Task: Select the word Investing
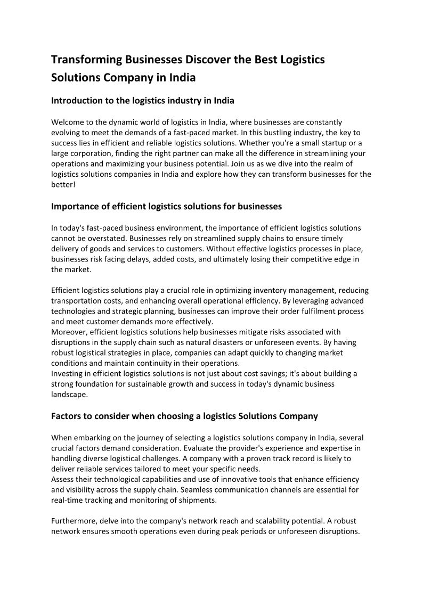tap(68, 373)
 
